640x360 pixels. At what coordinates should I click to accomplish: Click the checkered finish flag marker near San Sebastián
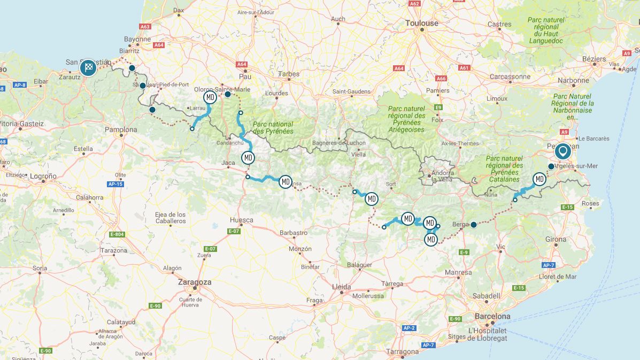pos(88,67)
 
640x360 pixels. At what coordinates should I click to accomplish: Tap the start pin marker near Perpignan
pos(562,152)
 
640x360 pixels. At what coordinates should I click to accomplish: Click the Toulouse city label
pos(422,23)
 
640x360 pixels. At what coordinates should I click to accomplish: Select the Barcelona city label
pos(492,316)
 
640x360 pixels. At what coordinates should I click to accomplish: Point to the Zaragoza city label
pos(195,282)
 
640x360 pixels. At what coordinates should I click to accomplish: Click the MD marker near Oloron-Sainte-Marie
pos(210,97)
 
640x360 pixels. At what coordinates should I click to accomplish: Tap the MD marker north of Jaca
pos(248,158)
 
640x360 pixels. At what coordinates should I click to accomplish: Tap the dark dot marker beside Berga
pos(473,225)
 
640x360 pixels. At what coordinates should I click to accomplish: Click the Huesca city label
pos(241,219)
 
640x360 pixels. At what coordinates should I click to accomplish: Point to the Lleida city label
pos(342,286)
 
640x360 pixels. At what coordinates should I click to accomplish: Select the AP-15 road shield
pos(115,184)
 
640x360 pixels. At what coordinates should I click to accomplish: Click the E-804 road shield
pos(117,234)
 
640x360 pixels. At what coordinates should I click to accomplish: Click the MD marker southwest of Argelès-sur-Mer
pos(539,179)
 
